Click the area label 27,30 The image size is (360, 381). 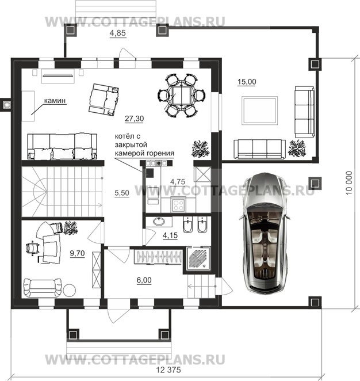pos(134,119)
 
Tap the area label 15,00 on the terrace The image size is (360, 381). pos(247,82)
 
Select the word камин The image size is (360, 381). pos(55,101)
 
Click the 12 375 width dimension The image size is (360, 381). pos(168,370)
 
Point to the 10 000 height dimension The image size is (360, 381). pos(348,182)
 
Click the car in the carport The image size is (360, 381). pos(265,233)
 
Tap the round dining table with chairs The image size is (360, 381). pos(181,96)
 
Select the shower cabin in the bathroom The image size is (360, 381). pos(198,258)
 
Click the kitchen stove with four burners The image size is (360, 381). pos(179,204)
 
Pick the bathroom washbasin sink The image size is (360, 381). pos(159,222)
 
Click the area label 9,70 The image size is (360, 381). pos(77,253)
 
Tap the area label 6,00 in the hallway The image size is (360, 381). pos(144,280)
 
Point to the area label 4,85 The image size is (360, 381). pos(118,33)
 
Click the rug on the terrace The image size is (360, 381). pos(259,111)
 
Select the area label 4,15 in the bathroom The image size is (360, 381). pos(170,235)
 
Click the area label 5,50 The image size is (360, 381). pos(122,193)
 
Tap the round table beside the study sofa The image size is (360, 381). pos(70,290)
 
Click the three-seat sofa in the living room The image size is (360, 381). pos(62,147)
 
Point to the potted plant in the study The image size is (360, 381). pos(71,228)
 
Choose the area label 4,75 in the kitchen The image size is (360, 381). pos(178,181)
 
